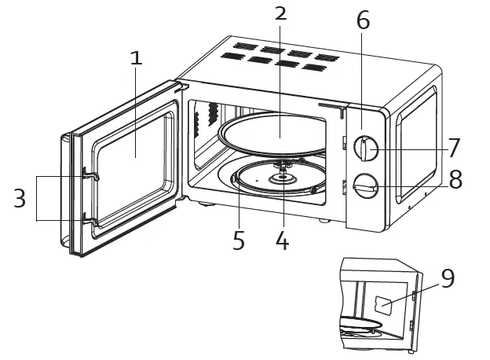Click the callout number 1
[137, 57]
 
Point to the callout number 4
[282, 241]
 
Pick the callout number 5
[239, 241]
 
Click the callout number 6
[362, 21]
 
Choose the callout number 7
[453, 147]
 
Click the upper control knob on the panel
[366, 148]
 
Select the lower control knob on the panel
[365, 187]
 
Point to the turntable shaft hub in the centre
[280, 178]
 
